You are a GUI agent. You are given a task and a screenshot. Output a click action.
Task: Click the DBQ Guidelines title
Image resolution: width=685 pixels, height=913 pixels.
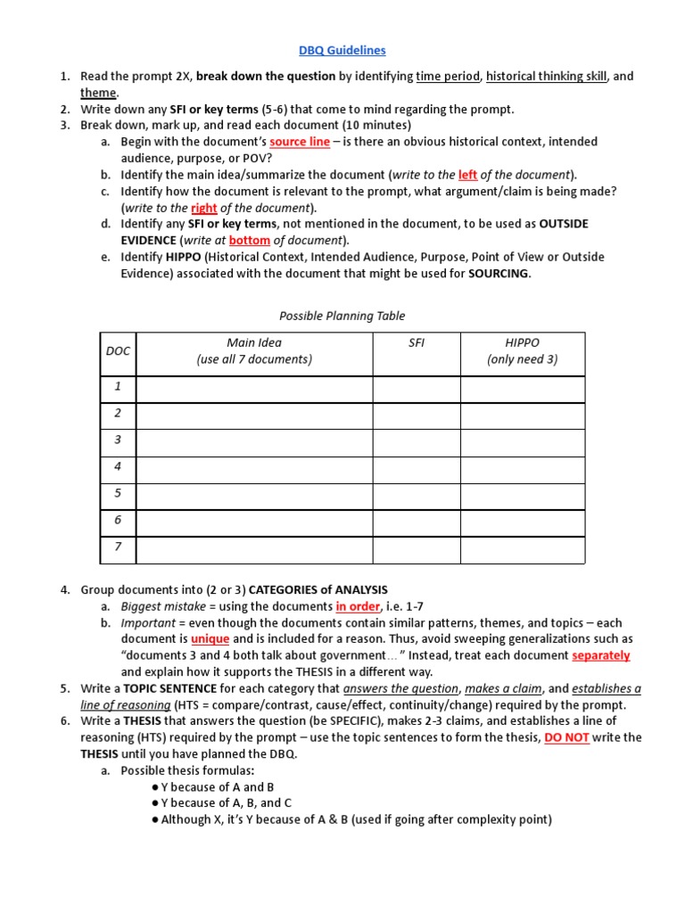[x=342, y=51]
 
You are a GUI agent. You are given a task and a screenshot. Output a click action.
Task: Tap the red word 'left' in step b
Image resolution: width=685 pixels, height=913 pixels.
[x=467, y=175]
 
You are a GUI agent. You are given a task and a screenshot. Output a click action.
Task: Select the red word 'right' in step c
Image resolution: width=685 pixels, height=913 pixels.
[x=204, y=208]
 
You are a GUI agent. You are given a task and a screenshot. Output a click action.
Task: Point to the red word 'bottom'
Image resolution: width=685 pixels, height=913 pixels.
[x=249, y=241]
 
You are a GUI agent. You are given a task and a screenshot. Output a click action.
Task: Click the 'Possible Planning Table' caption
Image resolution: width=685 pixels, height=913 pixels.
[x=342, y=316]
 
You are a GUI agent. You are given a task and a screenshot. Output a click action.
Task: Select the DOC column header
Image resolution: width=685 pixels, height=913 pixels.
[x=118, y=351]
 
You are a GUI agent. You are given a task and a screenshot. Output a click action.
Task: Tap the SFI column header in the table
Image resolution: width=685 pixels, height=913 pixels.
[x=416, y=343]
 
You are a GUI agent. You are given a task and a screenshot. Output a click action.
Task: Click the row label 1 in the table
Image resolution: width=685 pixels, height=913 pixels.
[x=117, y=387]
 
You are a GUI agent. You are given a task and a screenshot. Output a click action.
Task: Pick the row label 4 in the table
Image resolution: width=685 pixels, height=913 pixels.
[x=117, y=466]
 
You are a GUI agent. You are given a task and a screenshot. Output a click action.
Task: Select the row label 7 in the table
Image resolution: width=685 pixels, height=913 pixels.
[x=117, y=547]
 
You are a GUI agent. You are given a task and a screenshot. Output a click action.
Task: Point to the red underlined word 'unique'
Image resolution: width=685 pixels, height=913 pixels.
[x=210, y=639]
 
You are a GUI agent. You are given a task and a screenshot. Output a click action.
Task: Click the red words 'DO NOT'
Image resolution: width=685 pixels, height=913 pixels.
[x=565, y=738]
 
